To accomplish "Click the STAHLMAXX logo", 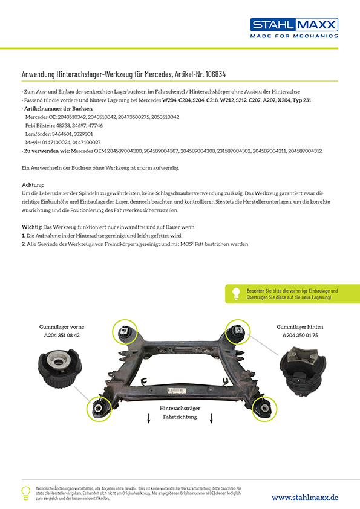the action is [294, 28].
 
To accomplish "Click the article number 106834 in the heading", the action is [216, 74].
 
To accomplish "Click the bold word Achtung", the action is [33, 185].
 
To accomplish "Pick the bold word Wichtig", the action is [32, 227].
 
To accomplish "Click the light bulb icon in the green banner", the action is [236, 293].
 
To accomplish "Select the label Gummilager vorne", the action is [62, 327].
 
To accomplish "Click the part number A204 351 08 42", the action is [62, 336].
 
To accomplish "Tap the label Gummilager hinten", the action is [300, 327].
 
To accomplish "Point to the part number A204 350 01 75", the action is [300, 336].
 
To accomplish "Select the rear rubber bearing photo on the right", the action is [303, 371].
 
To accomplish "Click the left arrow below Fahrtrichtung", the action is [149, 418].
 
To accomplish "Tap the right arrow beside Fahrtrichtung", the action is [211, 418].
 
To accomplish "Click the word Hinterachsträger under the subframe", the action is [180, 409].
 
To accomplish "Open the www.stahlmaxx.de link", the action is [305, 498].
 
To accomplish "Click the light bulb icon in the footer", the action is [25, 493].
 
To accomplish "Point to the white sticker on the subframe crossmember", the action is [177, 391].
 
